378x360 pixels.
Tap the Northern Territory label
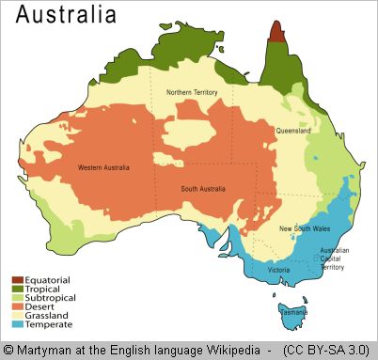click(x=193, y=92)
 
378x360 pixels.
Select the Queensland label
click(x=293, y=131)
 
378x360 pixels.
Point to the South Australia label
click(x=203, y=189)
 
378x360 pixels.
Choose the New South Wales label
click(x=303, y=228)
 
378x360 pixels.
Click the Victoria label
click(x=278, y=270)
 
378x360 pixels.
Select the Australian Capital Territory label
click(x=335, y=258)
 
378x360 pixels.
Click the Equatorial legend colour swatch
click(x=17, y=280)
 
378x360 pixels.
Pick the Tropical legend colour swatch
click(x=17, y=289)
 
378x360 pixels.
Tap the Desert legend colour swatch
click(x=17, y=306)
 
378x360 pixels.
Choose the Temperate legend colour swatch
click(x=17, y=324)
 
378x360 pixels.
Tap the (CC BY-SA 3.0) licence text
click(x=325, y=350)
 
